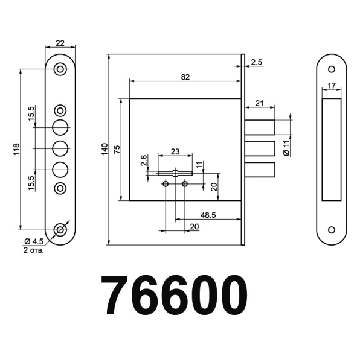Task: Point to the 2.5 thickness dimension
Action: click(x=256, y=62)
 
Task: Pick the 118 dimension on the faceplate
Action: click(x=16, y=148)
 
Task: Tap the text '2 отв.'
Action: click(x=33, y=249)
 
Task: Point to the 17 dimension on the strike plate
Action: click(x=332, y=85)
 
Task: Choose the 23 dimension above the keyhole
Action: click(x=175, y=151)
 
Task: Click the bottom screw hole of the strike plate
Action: click(x=332, y=230)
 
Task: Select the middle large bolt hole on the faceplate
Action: click(x=60, y=148)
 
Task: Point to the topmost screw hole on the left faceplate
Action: click(x=60, y=69)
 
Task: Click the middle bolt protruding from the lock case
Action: click(x=260, y=148)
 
